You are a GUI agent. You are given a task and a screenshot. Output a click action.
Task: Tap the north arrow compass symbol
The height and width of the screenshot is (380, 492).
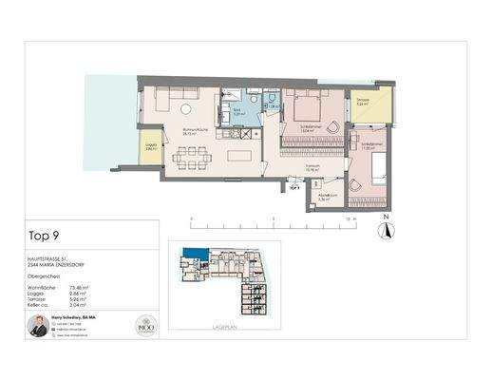pyautogui.click(x=386, y=228)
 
